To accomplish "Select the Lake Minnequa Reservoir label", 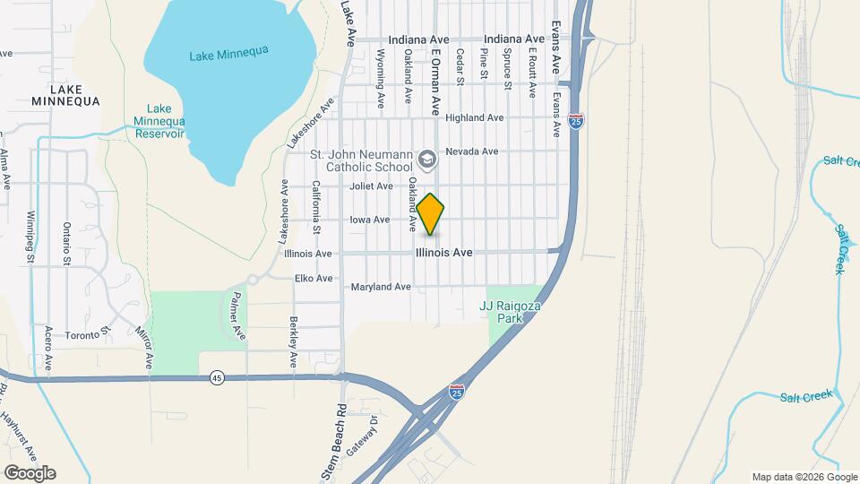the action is coord(159,121).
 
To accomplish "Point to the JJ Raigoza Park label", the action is coord(513,311).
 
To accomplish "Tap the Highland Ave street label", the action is coord(475,117).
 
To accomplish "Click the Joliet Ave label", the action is coord(372,186).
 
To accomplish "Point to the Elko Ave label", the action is coord(314,279).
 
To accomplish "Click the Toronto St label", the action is coord(86,336).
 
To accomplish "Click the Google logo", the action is coord(29,473).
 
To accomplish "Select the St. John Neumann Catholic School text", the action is coord(361,160).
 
